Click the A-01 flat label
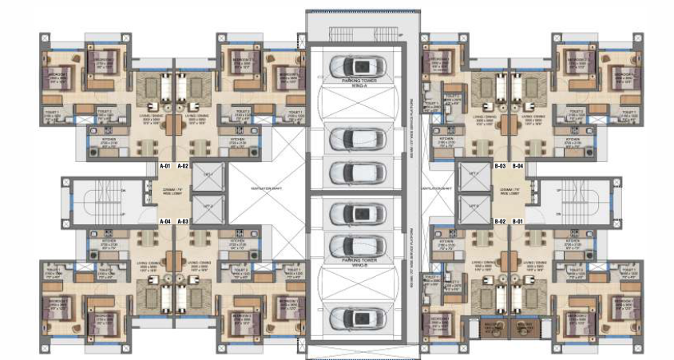point(166,166)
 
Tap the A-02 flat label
point(183,166)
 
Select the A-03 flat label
point(183,220)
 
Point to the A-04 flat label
point(166,220)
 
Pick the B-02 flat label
point(501,220)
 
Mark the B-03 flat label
point(501,166)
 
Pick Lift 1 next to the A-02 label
point(208,175)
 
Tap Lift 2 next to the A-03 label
point(208,209)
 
